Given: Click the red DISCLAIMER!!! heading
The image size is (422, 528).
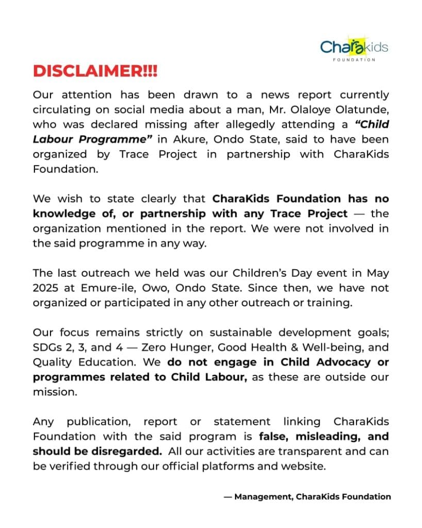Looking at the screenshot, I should point(95,71).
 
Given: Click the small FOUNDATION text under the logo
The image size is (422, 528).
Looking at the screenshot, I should point(354,60).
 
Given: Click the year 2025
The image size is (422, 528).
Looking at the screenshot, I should point(46,288).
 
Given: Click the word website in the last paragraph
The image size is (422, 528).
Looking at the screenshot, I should point(304,466).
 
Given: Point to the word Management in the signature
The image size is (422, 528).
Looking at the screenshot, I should point(263,497).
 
